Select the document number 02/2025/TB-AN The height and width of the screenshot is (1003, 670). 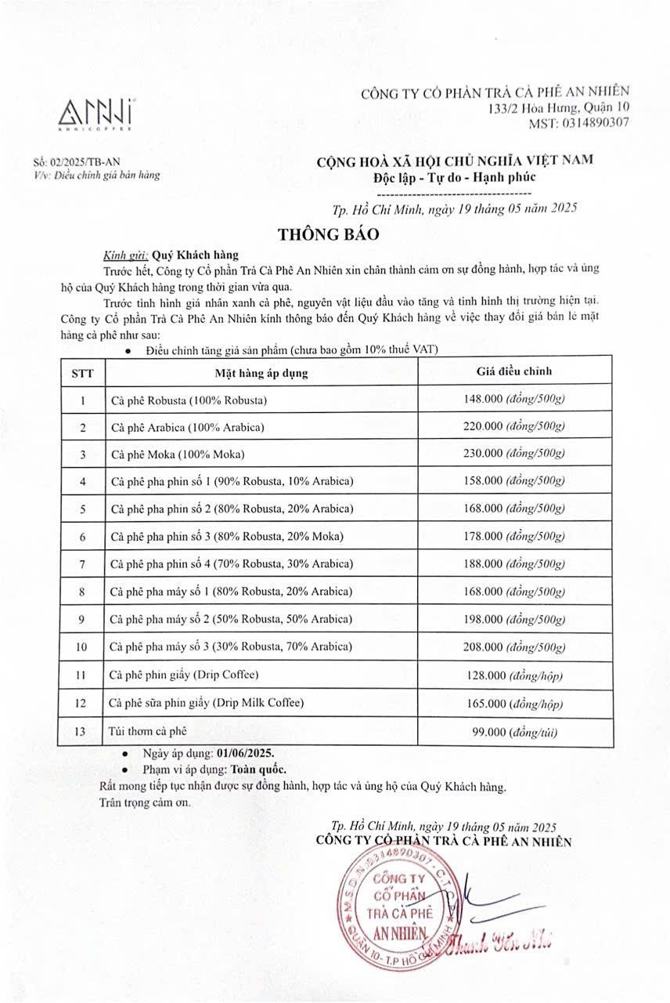click(73, 161)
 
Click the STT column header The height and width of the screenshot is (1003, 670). click(82, 373)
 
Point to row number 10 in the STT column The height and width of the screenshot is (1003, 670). click(82, 647)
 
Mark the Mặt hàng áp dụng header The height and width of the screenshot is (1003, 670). click(261, 373)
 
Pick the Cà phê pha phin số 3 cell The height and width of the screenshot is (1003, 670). click(227, 537)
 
